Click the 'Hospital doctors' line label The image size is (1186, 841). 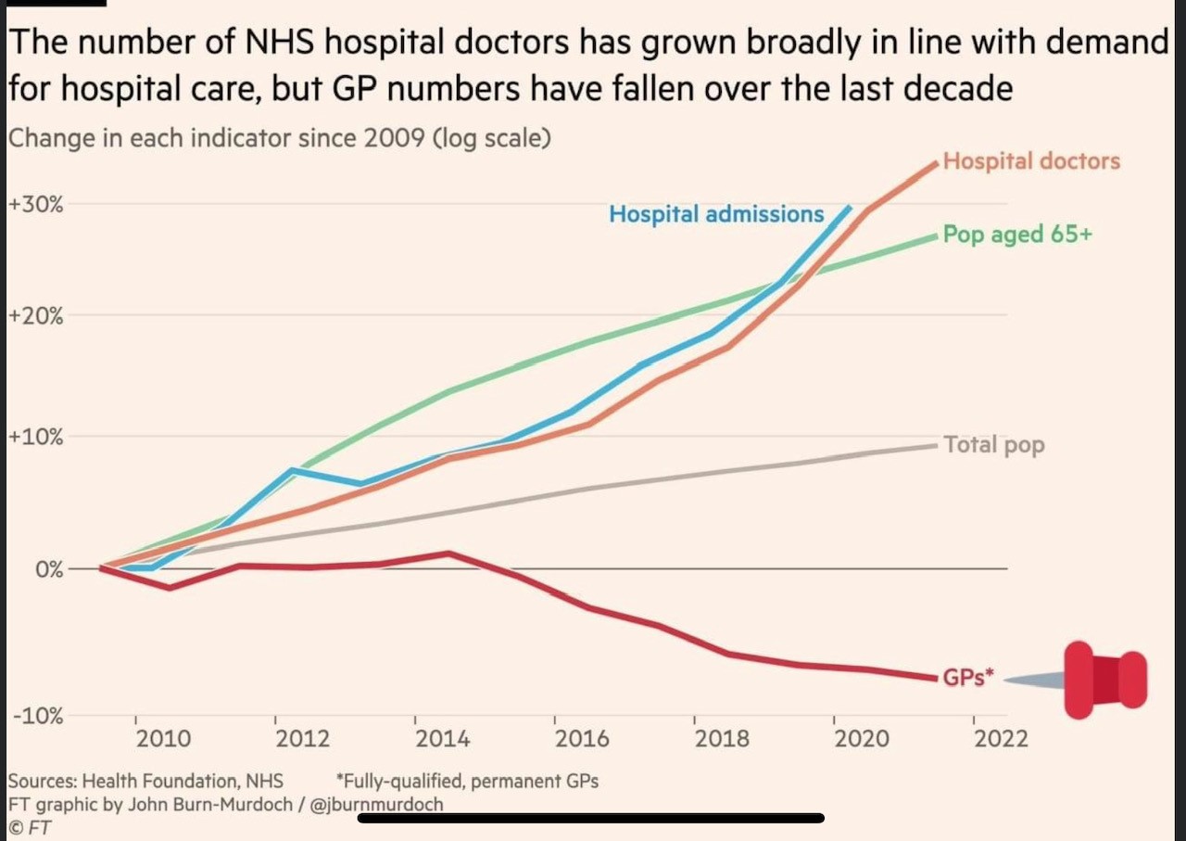tap(1031, 161)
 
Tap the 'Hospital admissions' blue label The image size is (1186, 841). tap(715, 214)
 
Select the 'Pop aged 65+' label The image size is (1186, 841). tap(1017, 235)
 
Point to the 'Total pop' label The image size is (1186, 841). tap(994, 445)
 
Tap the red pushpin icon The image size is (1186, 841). tap(1104, 680)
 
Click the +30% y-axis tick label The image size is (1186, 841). tap(35, 204)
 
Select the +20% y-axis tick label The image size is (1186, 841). tap(35, 316)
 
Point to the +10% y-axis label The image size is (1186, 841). tap(35, 437)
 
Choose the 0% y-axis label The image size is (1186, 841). tap(48, 568)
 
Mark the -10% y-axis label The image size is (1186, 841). tap(37, 716)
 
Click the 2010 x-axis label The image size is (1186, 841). tap(163, 739)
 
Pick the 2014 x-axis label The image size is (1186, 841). tap(442, 739)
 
